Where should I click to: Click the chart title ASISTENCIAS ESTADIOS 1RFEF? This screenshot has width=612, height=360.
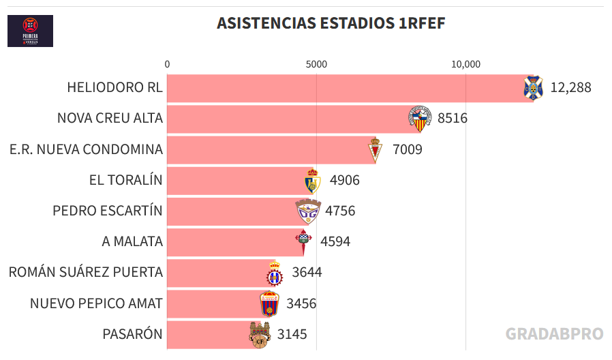[x=331, y=23]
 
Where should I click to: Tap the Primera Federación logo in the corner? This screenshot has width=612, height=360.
[x=30, y=31]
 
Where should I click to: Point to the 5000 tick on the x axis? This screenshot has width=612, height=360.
[x=316, y=64]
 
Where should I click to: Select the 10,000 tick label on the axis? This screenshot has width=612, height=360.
[x=466, y=64]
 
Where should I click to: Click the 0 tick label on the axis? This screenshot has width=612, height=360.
[x=167, y=64]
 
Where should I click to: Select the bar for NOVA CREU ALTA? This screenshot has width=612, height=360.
[x=286, y=119]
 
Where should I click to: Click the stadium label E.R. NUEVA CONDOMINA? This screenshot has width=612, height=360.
[x=87, y=149]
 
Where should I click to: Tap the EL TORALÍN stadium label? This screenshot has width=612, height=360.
[x=126, y=180]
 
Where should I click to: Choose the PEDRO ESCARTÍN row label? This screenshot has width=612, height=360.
[x=108, y=211]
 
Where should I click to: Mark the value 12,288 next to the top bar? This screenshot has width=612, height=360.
[x=570, y=88]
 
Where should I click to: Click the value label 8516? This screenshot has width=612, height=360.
[x=453, y=119]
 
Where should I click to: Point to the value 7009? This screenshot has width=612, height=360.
[x=408, y=149]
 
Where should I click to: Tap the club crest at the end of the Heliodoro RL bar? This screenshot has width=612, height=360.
[x=532, y=88]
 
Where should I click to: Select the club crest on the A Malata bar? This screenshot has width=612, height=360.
[x=303, y=241]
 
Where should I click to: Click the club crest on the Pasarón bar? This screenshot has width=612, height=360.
[x=258, y=334]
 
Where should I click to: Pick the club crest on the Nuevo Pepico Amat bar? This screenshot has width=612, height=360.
[x=270, y=303]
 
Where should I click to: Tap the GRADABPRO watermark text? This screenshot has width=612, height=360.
[x=554, y=333]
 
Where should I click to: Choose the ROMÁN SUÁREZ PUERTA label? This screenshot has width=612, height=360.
[x=86, y=273]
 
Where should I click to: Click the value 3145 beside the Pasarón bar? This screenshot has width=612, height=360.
[x=292, y=334]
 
